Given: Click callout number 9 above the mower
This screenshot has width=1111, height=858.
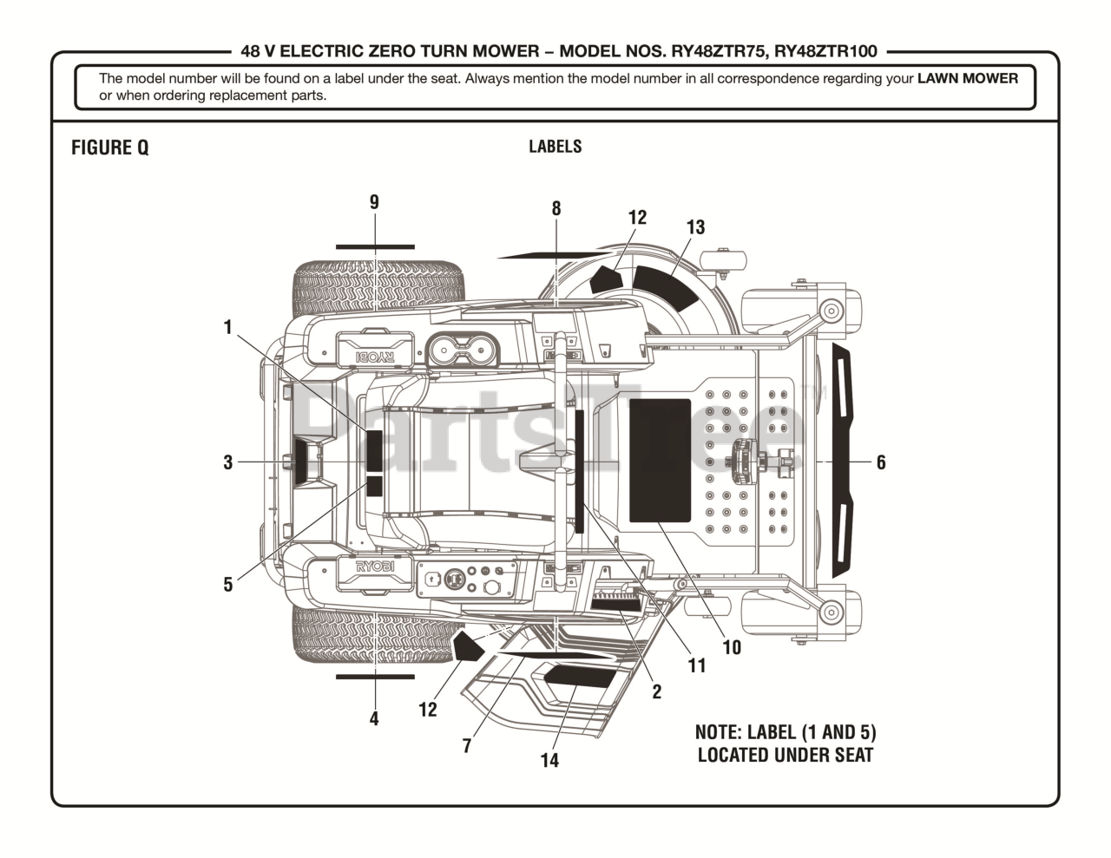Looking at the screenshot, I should point(374,202).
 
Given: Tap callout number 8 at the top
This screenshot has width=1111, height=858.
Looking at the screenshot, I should point(556,208).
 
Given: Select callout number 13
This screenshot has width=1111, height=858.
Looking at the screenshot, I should point(695,227).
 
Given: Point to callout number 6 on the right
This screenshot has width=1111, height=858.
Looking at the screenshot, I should point(881,462).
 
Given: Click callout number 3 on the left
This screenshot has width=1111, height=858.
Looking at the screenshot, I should point(228,462).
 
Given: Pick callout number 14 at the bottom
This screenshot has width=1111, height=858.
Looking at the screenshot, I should point(549,760).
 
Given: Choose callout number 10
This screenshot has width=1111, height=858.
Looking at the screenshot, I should point(732,647).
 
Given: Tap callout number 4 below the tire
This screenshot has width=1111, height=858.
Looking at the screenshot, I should point(374,718).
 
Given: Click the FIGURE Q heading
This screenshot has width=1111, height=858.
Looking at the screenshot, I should point(109,147).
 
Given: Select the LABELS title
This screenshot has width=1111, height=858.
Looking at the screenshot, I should point(555,147).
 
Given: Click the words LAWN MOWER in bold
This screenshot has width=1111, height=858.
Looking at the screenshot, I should point(967,78).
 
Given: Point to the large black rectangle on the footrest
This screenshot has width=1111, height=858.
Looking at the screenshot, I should point(660,461).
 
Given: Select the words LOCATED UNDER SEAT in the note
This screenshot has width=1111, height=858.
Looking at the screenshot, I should point(786,755).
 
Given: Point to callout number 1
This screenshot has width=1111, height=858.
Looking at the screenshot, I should point(228,327).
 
